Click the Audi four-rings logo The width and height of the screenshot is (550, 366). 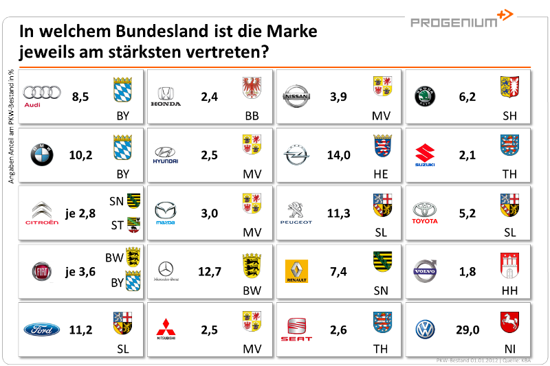(43, 93)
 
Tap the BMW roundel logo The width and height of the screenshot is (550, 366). (41, 156)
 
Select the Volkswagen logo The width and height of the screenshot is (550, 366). (425, 330)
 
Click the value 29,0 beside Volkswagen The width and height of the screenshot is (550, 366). (467, 330)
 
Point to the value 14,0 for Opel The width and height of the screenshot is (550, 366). (338, 155)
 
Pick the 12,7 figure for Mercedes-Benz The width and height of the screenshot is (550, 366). (210, 272)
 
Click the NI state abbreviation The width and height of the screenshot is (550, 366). (509, 349)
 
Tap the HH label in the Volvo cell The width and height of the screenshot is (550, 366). (509, 291)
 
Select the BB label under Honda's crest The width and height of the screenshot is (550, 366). (252, 116)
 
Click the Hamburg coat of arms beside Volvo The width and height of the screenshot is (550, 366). (509, 264)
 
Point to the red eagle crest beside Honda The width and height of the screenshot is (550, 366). (252, 88)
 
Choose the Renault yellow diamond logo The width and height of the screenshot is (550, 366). (296, 271)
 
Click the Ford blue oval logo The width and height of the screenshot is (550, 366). (42, 330)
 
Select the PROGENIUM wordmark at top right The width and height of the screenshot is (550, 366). (454, 23)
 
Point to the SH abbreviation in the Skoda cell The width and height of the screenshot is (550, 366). (509, 116)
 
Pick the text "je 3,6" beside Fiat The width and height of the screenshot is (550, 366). (80, 272)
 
